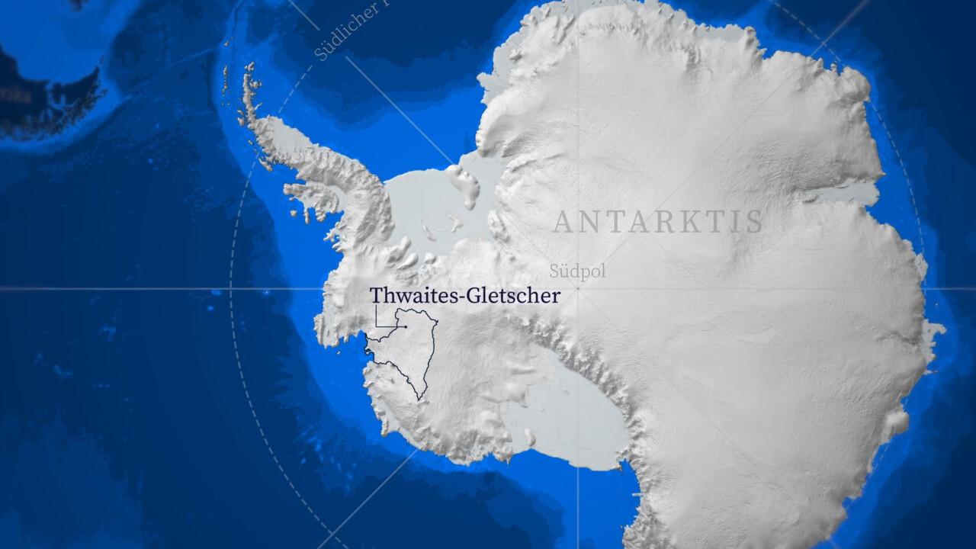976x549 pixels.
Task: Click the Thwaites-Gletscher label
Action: pos(464,296)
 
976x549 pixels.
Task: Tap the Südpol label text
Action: pos(577,272)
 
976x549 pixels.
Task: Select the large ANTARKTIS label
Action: pos(657,222)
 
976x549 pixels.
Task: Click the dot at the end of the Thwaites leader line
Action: pos(406,327)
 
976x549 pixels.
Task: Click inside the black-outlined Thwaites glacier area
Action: pos(408,351)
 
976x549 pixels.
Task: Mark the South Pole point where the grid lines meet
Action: pos(577,289)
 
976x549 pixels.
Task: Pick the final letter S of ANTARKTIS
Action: pos(754,222)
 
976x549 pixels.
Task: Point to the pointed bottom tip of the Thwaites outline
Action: pos(419,399)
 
